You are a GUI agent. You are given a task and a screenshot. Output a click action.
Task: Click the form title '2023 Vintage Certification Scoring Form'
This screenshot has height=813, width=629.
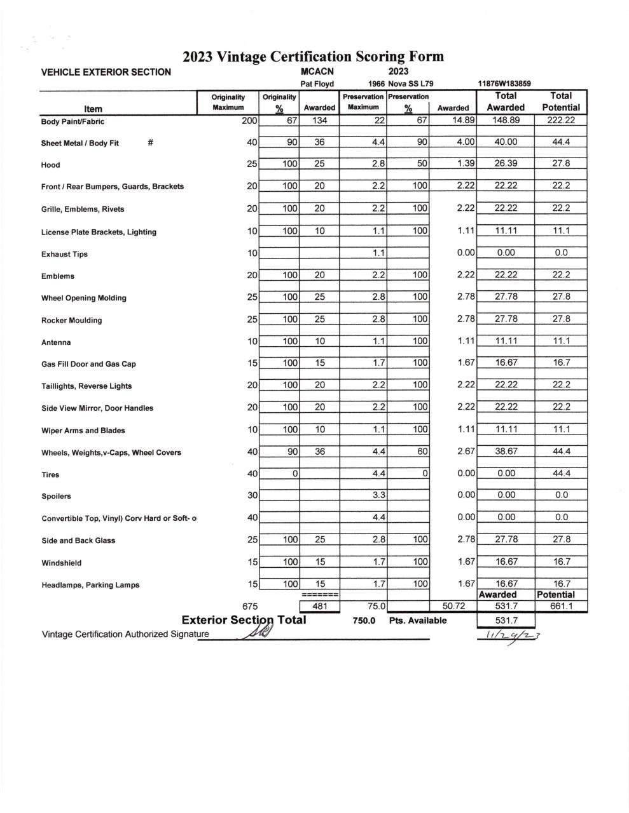coord(313,57)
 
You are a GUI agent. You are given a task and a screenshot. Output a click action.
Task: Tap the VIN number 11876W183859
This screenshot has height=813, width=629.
coord(504,84)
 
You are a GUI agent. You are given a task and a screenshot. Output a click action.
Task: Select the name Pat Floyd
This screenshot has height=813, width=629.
coord(317,84)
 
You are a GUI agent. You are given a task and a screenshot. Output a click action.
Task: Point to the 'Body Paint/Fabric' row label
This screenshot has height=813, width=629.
coord(73,121)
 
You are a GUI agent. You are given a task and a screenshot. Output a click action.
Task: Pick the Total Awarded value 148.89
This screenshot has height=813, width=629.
coord(506,120)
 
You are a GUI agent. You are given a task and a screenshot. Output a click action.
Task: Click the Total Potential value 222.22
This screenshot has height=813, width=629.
coord(561,120)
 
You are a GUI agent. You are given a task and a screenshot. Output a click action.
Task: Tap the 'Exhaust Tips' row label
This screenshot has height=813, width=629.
coord(64,254)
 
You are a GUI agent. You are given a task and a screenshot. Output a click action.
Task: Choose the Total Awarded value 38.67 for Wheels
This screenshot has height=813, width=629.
coord(506,452)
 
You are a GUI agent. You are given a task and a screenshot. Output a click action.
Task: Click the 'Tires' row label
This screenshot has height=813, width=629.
coord(50,474)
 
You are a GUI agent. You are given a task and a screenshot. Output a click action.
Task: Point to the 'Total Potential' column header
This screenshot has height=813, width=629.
coord(561,102)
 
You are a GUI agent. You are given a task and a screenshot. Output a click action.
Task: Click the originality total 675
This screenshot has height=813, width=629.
coord(249,607)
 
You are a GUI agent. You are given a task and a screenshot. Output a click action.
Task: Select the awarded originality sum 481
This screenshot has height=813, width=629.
coord(320,607)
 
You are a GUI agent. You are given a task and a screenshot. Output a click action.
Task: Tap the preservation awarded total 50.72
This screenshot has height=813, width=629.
coord(453,607)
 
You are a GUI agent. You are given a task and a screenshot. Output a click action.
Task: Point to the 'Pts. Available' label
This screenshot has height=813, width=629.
coord(418,621)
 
